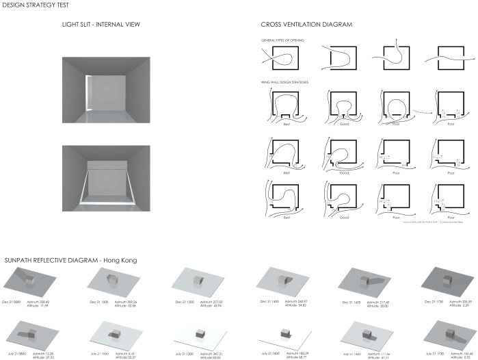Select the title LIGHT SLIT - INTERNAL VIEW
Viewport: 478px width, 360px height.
pos(103,25)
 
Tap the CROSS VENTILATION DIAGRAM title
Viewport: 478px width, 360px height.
pos(306,25)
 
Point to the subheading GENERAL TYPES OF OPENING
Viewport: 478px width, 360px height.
pos(283,40)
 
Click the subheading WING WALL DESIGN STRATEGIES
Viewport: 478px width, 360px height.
pos(284,82)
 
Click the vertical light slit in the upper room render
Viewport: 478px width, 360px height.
pos(87,95)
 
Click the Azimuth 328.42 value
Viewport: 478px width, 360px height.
pos(47,301)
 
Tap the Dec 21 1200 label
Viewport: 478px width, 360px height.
pos(187,301)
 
